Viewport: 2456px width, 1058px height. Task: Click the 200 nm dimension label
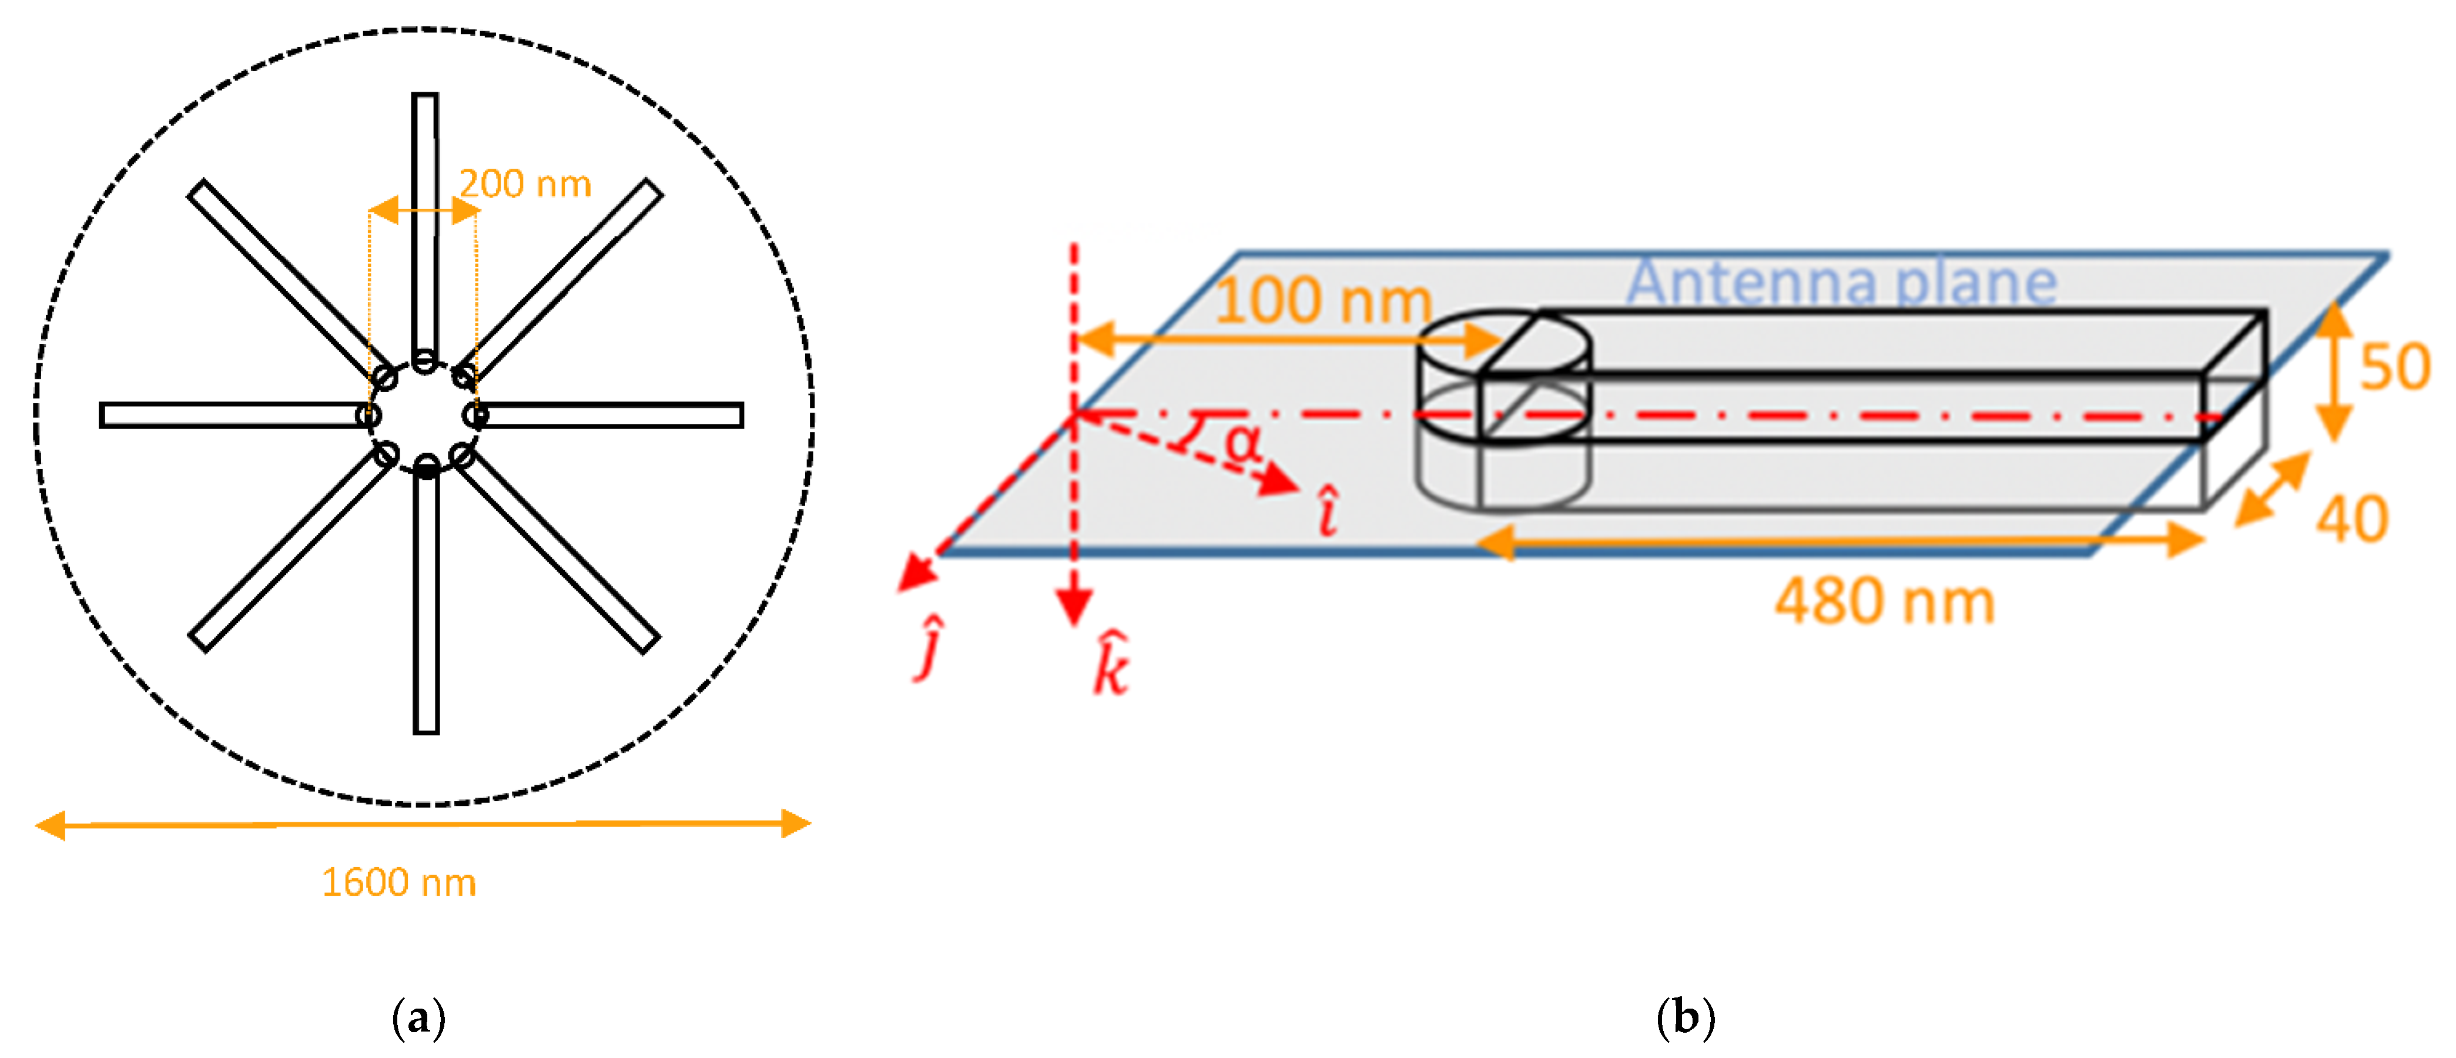point(525,184)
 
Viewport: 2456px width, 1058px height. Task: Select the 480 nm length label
point(1884,602)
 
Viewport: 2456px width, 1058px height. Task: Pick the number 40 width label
point(2353,520)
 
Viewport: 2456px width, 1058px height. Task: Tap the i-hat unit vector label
point(1327,511)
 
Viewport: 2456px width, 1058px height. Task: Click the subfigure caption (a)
point(418,1018)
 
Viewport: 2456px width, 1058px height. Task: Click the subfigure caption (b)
point(1685,1018)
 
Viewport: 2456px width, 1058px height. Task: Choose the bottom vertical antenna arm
point(426,601)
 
